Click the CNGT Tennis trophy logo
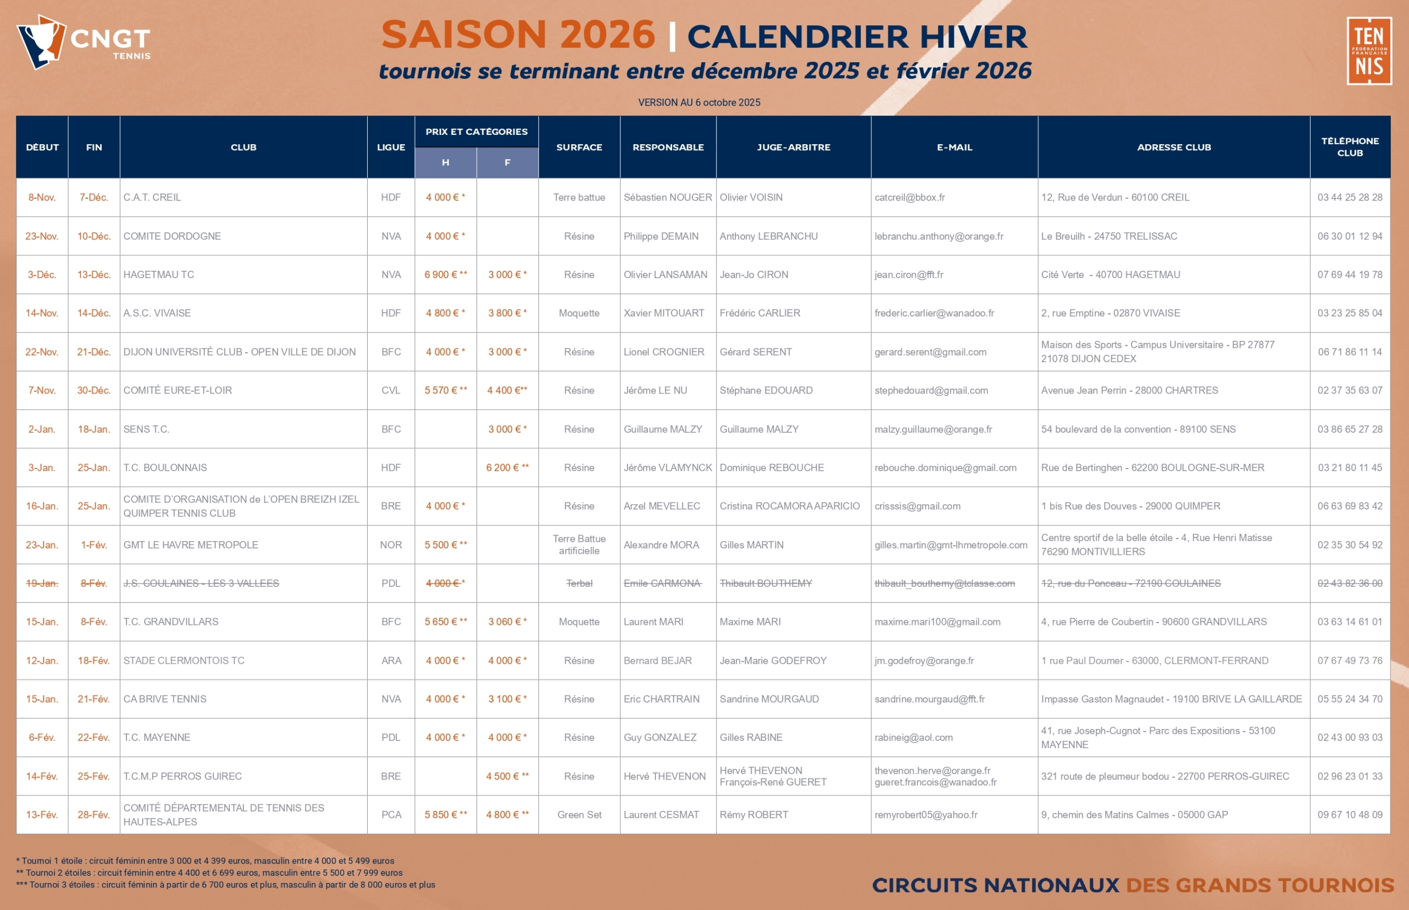(83, 41)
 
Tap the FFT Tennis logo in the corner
(1369, 51)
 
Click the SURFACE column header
(579, 147)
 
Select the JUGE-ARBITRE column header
(794, 147)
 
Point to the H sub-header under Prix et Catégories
(445, 162)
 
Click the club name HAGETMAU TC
(159, 275)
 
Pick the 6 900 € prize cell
(445, 275)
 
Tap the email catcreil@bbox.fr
(909, 198)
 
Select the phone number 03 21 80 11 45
(1350, 468)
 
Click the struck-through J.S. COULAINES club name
(201, 584)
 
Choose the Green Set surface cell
(579, 815)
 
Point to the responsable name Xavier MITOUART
(663, 313)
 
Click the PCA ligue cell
(391, 815)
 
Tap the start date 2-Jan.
(42, 429)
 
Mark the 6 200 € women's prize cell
(507, 468)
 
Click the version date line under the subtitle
(699, 102)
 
